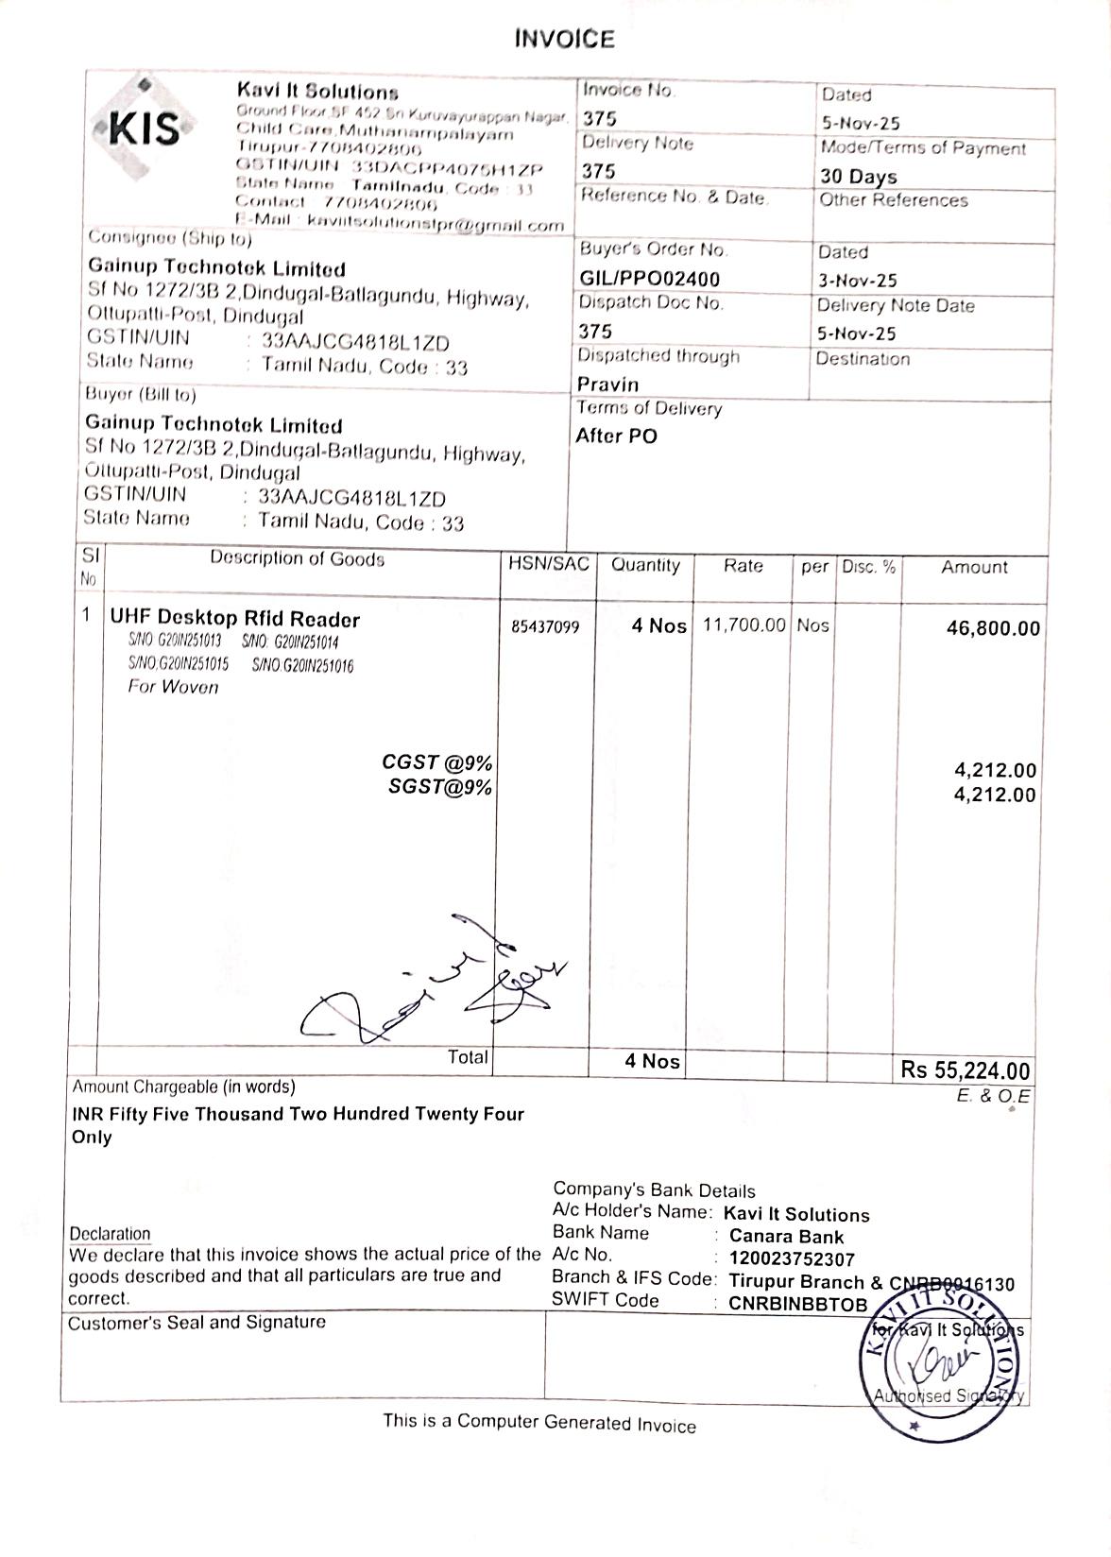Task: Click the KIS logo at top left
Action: (x=145, y=128)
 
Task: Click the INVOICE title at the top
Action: (x=564, y=39)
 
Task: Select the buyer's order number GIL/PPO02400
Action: (x=649, y=279)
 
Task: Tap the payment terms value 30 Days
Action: (x=858, y=177)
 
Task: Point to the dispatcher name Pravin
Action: (x=607, y=385)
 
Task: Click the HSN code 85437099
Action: (x=546, y=626)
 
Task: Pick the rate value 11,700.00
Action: (x=744, y=625)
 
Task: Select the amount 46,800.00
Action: (x=993, y=629)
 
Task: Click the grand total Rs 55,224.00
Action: (x=965, y=1069)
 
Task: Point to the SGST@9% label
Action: (x=440, y=788)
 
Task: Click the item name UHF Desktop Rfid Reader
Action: (x=235, y=620)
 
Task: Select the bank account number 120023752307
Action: (x=792, y=1259)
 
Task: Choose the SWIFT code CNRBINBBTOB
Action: (x=797, y=1304)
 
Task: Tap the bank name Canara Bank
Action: (x=786, y=1237)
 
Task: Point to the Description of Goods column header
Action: (x=297, y=559)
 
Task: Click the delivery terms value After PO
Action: (x=616, y=436)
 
